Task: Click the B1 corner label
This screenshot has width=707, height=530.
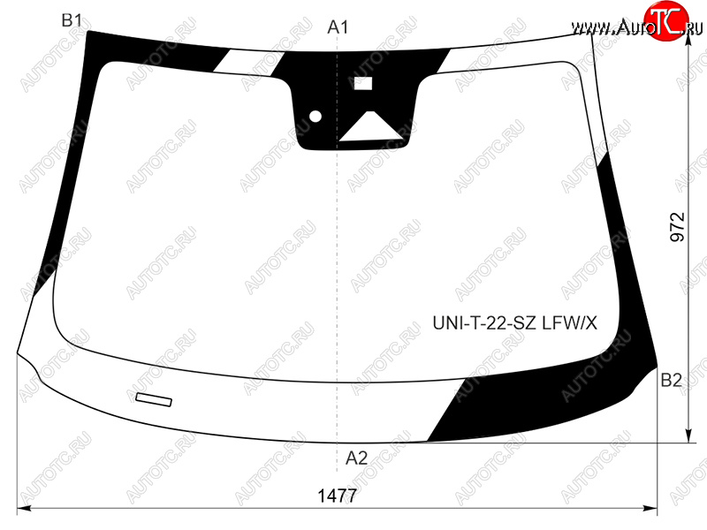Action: click(x=72, y=20)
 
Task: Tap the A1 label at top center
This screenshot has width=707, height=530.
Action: click(x=338, y=27)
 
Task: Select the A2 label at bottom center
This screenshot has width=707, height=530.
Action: click(x=356, y=458)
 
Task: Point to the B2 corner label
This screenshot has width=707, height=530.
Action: click(x=671, y=381)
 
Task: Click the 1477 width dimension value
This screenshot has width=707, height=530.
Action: click(x=338, y=496)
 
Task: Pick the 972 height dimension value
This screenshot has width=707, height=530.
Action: click(x=677, y=227)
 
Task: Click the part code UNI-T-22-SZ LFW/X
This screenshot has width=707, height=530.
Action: click(x=514, y=323)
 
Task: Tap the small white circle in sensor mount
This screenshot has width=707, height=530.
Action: click(x=315, y=117)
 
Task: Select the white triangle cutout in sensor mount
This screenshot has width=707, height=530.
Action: click(x=370, y=128)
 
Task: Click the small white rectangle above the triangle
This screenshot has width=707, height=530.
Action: click(x=363, y=83)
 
